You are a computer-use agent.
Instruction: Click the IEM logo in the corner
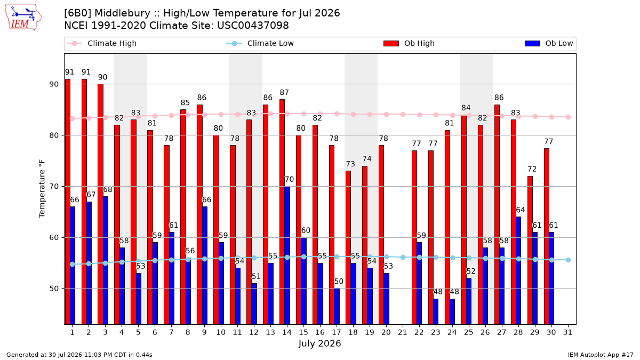click(x=23, y=18)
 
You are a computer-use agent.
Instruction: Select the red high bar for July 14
click(x=282, y=212)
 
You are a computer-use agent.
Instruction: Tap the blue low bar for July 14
click(x=287, y=255)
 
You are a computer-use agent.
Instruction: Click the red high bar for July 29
click(x=530, y=250)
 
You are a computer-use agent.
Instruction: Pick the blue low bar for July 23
click(x=436, y=311)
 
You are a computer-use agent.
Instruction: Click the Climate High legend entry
click(x=102, y=43)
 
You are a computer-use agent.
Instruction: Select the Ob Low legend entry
click(x=549, y=43)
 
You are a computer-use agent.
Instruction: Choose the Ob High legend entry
click(x=409, y=43)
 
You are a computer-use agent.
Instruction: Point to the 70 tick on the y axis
click(x=54, y=187)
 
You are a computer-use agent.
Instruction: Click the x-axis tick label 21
click(x=402, y=332)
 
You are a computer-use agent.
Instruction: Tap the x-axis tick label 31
click(x=567, y=332)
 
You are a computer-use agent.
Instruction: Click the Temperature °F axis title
click(x=42, y=189)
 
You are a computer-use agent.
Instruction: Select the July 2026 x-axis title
click(x=319, y=343)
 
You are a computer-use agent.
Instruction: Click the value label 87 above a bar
click(x=284, y=93)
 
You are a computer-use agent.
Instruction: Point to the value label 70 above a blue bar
click(x=290, y=179)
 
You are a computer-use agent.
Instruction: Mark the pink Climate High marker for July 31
click(x=568, y=117)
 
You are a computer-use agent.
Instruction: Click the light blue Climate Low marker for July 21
click(x=403, y=258)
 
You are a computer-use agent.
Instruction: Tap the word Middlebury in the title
click(x=122, y=13)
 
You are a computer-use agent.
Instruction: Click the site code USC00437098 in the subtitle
click(x=253, y=26)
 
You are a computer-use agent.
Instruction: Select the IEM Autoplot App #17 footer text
click(x=601, y=355)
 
